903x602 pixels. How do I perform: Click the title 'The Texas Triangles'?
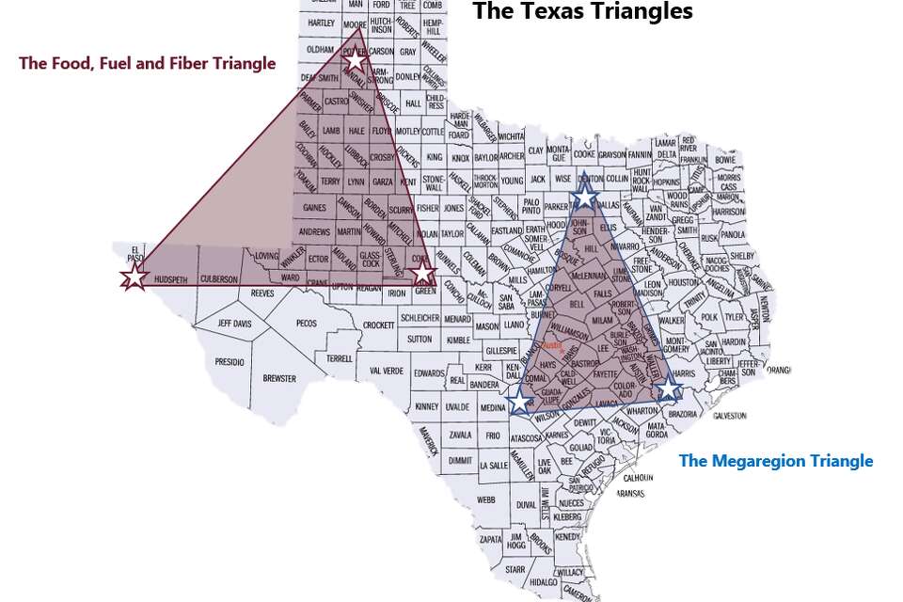coord(582,11)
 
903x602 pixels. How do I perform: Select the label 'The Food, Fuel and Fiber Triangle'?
coord(148,64)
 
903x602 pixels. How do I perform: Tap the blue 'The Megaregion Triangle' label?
coord(776,461)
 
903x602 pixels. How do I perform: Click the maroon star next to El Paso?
coord(135,277)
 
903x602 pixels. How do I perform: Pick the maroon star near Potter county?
coord(355,61)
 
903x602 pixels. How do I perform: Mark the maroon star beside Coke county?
coord(424,273)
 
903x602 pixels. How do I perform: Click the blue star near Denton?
coord(585,196)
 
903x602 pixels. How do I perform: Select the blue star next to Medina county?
coord(519,402)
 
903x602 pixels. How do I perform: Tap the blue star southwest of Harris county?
coord(667,388)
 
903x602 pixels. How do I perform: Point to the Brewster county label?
coord(279,379)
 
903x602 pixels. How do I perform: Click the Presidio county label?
coord(229,361)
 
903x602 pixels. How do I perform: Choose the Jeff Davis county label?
coord(235,324)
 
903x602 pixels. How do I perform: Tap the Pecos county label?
coord(307,324)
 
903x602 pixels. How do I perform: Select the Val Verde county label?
coord(386,371)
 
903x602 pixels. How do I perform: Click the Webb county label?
coord(485,500)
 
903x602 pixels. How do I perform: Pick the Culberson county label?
coord(219,279)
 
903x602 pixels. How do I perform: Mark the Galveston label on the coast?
coord(729,415)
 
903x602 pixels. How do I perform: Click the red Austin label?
coord(552,345)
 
